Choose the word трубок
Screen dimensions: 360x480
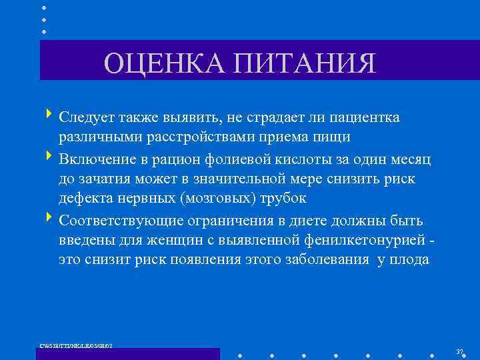tap(283, 199)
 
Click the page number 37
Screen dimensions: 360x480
tap(459, 351)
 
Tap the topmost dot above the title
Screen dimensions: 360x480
tap(44, 8)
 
